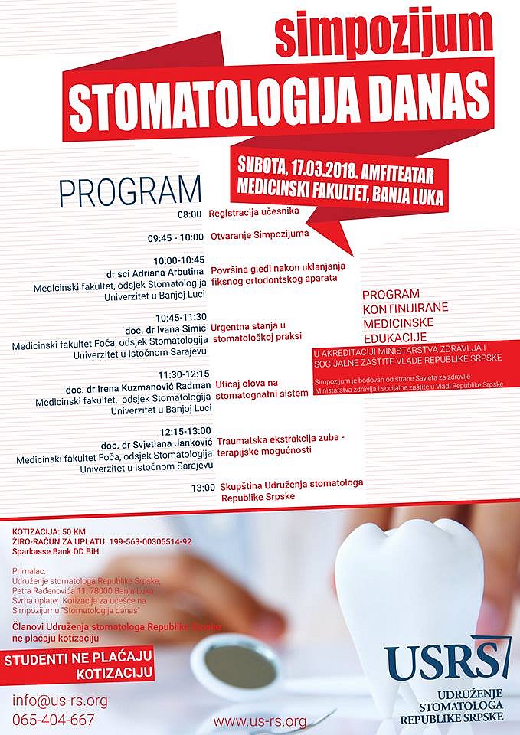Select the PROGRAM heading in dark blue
pyautogui.click(x=130, y=191)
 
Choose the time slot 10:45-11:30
pyautogui.click(x=181, y=317)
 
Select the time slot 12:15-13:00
pyautogui.click(x=185, y=431)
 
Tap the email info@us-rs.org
pyautogui.click(x=60, y=701)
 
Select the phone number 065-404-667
pyautogui.click(x=54, y=720)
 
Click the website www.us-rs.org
pyautogui.click(x=260, y=721)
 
